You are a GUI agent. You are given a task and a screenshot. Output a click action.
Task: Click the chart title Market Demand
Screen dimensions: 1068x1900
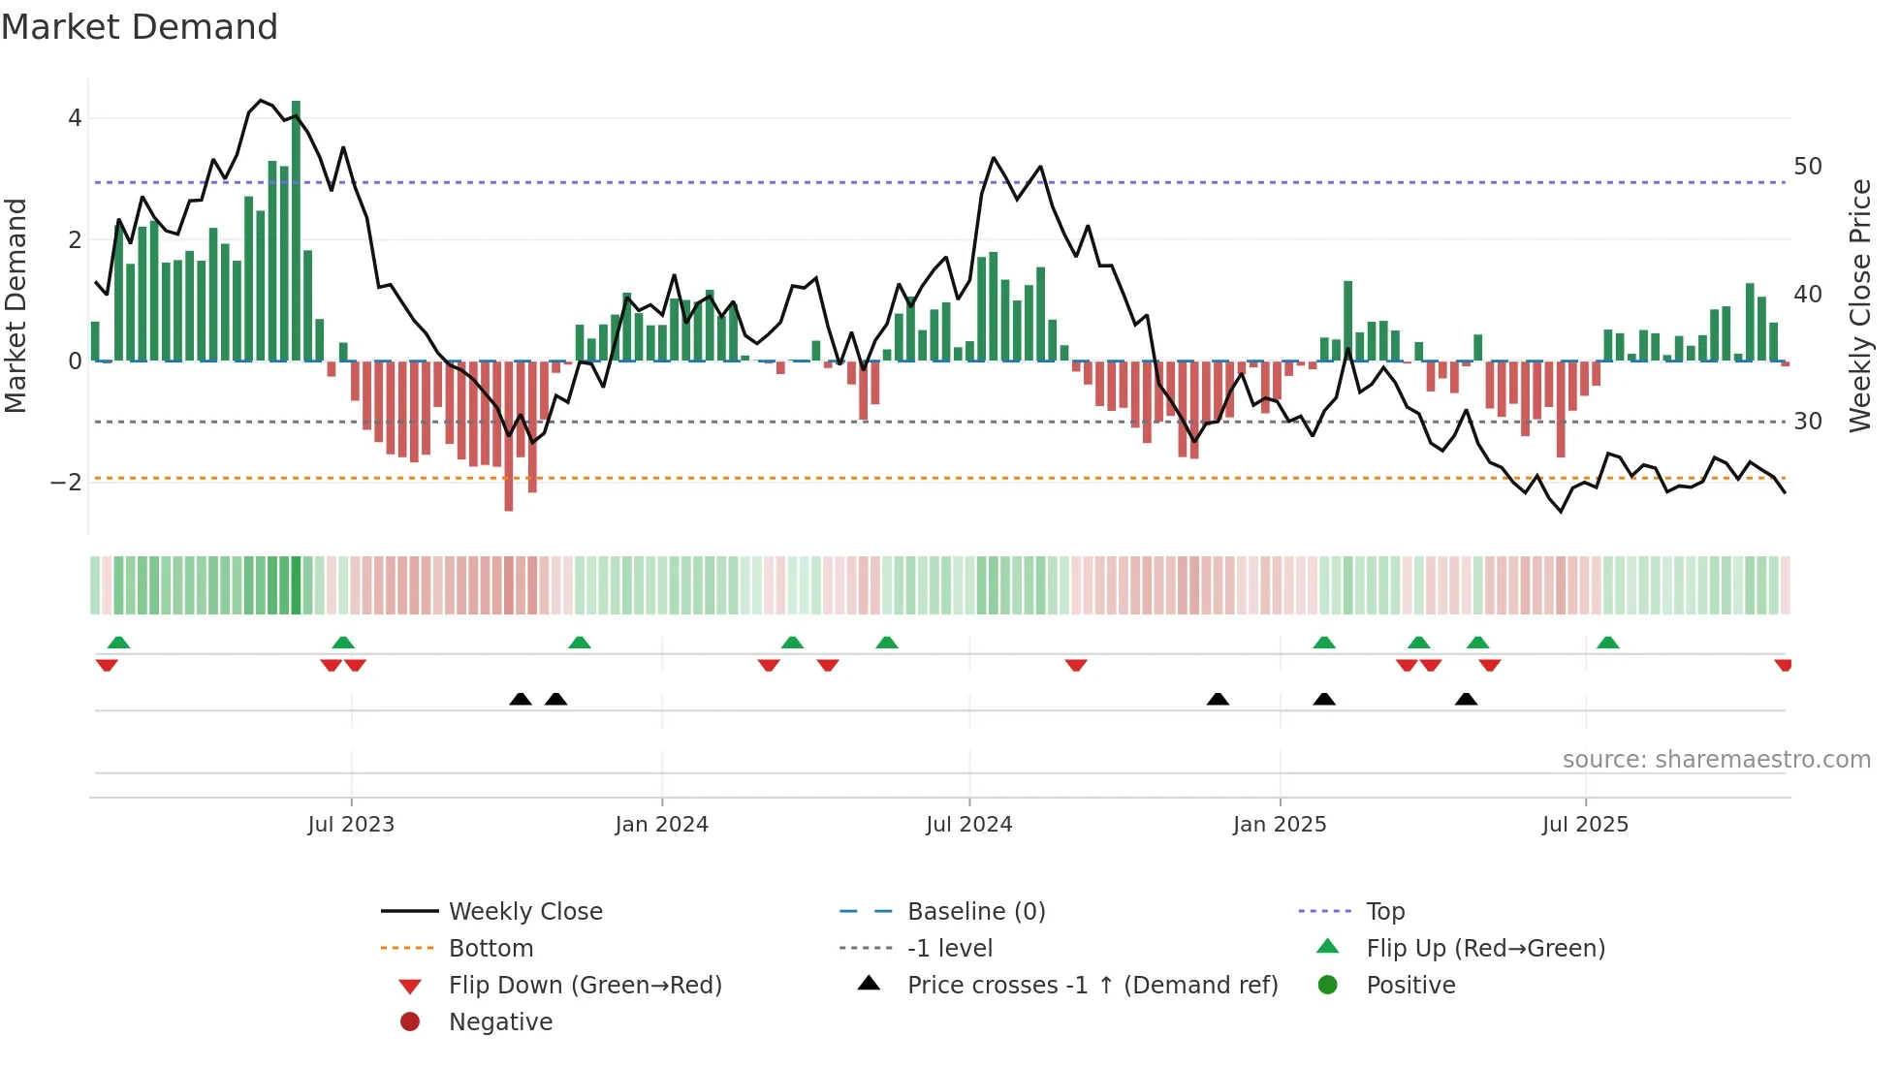pos(140,27)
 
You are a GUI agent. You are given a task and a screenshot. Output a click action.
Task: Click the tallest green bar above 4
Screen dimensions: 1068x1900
pos(296,231)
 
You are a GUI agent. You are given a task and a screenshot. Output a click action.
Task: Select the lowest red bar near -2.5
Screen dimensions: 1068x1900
pos(509,436)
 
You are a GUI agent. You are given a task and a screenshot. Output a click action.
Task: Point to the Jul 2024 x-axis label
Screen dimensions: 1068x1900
pos(968,825)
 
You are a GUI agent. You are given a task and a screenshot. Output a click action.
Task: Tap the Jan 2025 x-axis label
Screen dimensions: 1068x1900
pos(1280,825)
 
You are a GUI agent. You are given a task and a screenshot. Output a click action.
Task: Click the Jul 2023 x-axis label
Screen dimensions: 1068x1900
pos(351,825)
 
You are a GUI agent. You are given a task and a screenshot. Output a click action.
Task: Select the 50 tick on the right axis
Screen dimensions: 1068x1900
pos(1808,167)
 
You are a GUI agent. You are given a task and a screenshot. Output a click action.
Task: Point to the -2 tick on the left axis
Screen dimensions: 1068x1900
pos(66,483)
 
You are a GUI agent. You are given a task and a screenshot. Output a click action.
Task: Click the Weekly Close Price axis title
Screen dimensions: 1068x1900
pos(1859,305)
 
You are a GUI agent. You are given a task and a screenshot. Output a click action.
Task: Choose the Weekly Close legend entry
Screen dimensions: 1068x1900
pos(524,912)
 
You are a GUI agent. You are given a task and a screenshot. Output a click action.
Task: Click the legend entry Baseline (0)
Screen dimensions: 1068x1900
pos(975,912)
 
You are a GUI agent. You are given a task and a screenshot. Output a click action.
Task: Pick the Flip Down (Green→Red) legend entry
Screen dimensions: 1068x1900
pos(585,986)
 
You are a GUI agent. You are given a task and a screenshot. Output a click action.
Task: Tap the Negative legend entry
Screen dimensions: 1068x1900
pos(500,1022)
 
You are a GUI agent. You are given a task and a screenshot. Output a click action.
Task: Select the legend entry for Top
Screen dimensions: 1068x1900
pos(1385,912)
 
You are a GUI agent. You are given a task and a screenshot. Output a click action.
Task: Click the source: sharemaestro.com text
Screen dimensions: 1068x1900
pos(1716,760)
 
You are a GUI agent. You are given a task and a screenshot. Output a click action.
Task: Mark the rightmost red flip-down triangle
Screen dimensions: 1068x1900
pos(1783,665)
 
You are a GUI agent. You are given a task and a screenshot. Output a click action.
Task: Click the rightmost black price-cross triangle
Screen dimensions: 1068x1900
pos(1466,699)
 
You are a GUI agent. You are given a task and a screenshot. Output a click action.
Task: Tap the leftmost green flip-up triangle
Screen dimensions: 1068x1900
pos(118,643)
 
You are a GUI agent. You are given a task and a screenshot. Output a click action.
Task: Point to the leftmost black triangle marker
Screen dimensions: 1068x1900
pos(521,699)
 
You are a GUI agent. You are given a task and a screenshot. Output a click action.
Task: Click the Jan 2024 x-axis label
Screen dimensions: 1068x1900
pos(662,825)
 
